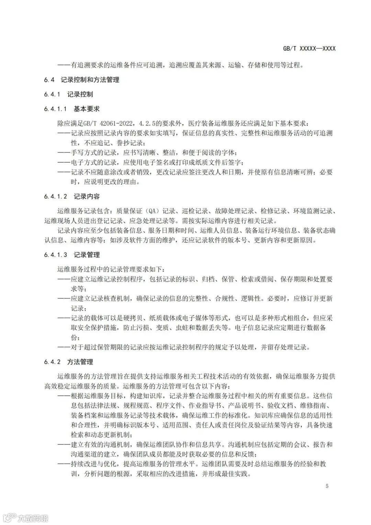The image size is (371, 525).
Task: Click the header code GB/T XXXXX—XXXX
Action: click(309, 48)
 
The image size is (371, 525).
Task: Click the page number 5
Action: click(327, 486)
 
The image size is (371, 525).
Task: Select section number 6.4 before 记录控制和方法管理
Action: click(49, 80)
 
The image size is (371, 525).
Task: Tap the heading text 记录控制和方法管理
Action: click(90, 80)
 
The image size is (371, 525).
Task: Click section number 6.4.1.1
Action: click(55, 109)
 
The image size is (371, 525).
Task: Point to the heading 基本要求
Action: click(87, 109)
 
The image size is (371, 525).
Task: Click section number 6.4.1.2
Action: click(55, 197)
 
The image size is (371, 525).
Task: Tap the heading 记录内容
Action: click(87, 197)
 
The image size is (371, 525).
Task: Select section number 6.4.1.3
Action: click(55, 255)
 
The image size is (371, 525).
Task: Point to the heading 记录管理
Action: click(87, 255)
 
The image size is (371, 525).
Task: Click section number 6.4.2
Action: click(52, 362)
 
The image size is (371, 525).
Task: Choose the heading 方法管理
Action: click(80, 362)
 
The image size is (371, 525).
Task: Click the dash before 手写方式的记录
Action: click(64, 152)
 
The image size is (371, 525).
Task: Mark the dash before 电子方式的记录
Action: click(64, 162)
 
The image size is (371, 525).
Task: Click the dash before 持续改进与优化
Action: click(64, 464)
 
